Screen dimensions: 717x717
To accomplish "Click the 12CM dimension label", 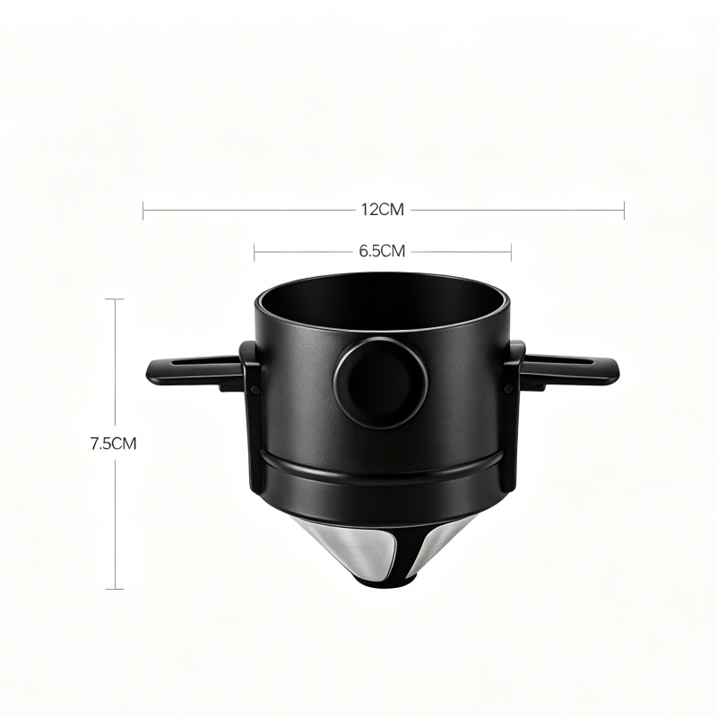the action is point(383,210).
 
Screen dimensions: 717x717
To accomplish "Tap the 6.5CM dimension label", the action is point(383,251).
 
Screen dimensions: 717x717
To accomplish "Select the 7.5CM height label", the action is point(113,444).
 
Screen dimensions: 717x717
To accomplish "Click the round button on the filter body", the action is point(380,384).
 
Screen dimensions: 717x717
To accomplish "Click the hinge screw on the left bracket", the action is point(255,389).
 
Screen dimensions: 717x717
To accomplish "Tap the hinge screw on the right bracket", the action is point(508,388).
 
